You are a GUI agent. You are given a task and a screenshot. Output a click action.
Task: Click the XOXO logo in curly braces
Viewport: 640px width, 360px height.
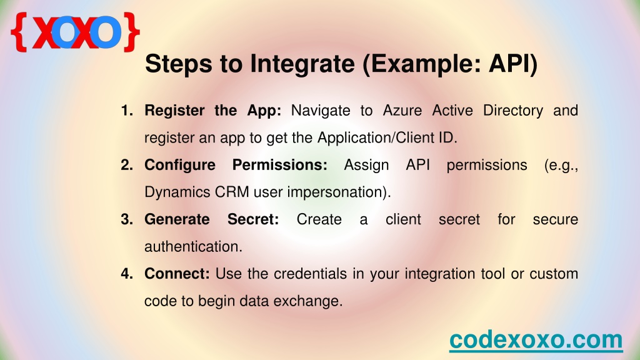pyautogui.click(x=75, y=32)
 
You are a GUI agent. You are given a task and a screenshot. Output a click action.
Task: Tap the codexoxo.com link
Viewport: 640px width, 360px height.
pyautogui.click(x=536, y=339)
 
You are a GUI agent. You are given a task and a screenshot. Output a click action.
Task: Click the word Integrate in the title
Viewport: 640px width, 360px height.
pyautogui.click(x=302, y=64)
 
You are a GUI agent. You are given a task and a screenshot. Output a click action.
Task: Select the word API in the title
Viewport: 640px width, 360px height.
pyautogui.click(x=512, y=64)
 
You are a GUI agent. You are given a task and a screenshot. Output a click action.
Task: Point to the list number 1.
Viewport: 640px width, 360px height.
pyautogui.click(x=126, y=111)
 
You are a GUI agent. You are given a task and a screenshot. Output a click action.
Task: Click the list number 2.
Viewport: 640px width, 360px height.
pyautogui.click(x=126, y=165)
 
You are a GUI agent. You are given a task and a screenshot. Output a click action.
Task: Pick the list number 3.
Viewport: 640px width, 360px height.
pyautogui.click(x=126, y=219)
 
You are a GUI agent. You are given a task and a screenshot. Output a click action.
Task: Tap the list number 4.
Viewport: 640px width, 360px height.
pyautogui.click(x=126, y=274)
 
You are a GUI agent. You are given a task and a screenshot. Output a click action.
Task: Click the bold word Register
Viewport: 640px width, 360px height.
pyautogui.click(x=175, y=111)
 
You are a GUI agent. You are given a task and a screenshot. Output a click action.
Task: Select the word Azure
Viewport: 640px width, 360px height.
pyautogui.click(x=402, y=111)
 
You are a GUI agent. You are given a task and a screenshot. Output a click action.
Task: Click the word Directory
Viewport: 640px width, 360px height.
pyautogui.click(x=513, y=111)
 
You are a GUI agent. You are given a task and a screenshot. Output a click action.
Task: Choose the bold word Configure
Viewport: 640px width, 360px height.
pyautogui.click(x=180, y=166)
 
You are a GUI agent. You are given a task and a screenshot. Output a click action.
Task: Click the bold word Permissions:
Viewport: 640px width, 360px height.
pyautogui.click(x=279, y=166)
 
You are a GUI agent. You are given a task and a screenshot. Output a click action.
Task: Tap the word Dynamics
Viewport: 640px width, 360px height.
pyautogui.click(x=177, y=192)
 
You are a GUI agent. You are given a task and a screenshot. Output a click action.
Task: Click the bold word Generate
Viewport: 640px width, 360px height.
pyautogui.click(x=177, y=219)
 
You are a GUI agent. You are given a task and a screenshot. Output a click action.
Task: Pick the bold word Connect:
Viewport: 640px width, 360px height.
pyautogui.click(x=177, y=274)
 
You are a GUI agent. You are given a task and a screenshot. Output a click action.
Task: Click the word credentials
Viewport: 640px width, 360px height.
pyautogui.click(x=310, y=274)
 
